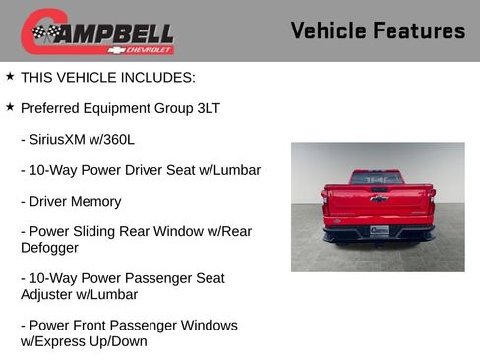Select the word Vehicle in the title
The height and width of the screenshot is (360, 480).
coord(329,30)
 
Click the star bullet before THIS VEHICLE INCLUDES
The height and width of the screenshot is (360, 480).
coord(10,76)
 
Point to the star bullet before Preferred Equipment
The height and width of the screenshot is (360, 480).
coord(10,107)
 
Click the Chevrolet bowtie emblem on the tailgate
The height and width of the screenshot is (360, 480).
coord(378,199)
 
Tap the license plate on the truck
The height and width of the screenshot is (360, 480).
coord(378,230)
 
